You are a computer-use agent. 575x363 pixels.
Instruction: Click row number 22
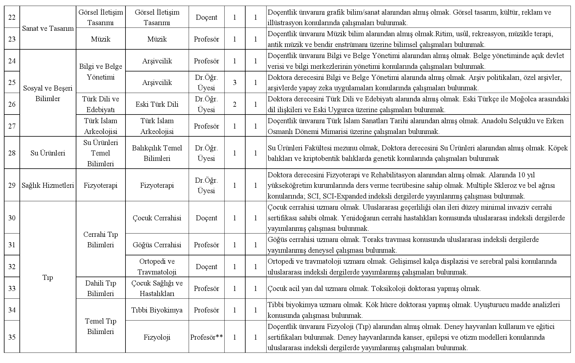(x=12, y=17)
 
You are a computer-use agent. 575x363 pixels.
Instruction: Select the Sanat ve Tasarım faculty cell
(x=48, y=28)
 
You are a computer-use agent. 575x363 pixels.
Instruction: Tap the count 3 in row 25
(x=234, y=83)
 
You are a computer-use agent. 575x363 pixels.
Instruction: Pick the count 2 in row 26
(x=234, y=104)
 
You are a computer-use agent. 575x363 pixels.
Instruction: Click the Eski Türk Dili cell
(x=157, y=104)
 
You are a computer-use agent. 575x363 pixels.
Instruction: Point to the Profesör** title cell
(x=206, y=337)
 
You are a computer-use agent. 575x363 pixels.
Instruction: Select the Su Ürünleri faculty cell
(x=48, y=153)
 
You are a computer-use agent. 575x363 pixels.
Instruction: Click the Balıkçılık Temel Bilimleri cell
(x=157, y=153)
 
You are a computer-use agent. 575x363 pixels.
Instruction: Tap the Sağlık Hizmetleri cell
(x=48, y=185)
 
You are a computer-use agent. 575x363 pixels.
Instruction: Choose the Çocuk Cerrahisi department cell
(x=157, y=218)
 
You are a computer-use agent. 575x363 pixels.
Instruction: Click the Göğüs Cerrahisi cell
(x=157, y=245)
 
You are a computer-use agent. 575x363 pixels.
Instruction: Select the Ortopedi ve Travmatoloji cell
(x=157, y=267)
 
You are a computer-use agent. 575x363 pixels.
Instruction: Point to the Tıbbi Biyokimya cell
(x=157, y=310)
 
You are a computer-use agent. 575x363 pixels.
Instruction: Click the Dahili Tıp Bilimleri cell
(x=101, y=288)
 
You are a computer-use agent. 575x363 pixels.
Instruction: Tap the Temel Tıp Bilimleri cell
(x=101, y=326)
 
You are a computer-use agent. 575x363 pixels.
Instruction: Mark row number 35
(x=12, y=337)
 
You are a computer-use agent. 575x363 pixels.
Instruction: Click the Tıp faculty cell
(x=48, y=277)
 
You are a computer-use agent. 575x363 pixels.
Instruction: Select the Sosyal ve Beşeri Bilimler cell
(x=48, y=94)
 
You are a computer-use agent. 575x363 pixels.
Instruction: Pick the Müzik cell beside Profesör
(x=157, y=39)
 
